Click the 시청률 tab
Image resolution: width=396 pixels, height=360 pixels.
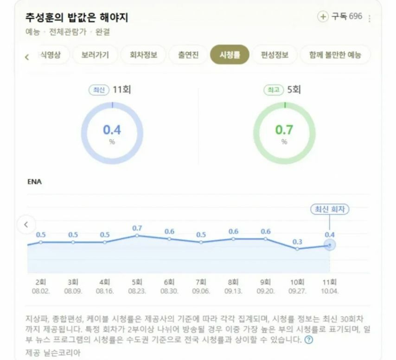pos(230,55)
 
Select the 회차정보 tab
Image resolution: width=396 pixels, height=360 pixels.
pos(140,55)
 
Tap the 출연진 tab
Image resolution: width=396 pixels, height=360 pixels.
pos(188,55)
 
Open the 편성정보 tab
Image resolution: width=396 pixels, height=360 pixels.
pos(275,55)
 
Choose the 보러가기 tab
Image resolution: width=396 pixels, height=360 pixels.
pos(95,55)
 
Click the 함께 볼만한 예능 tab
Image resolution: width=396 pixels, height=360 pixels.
pos(335,55)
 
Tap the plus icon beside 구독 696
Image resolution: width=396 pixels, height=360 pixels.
pos(322,17)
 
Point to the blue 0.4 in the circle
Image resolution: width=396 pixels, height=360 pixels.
pos(112,130)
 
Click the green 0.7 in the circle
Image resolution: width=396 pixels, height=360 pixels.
pos(284,130)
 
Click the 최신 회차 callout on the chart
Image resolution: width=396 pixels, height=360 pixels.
pos(329,209)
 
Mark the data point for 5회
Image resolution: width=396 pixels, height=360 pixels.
pos(137,236)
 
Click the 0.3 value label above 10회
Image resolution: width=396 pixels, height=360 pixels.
pos(297,242)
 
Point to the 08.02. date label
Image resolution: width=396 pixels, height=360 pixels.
pos(41,291)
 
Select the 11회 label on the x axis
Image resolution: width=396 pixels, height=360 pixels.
pos(329,282)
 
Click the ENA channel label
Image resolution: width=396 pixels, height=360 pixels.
pos(34,182)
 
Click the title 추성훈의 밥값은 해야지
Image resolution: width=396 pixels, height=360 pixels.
pos(77,18)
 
